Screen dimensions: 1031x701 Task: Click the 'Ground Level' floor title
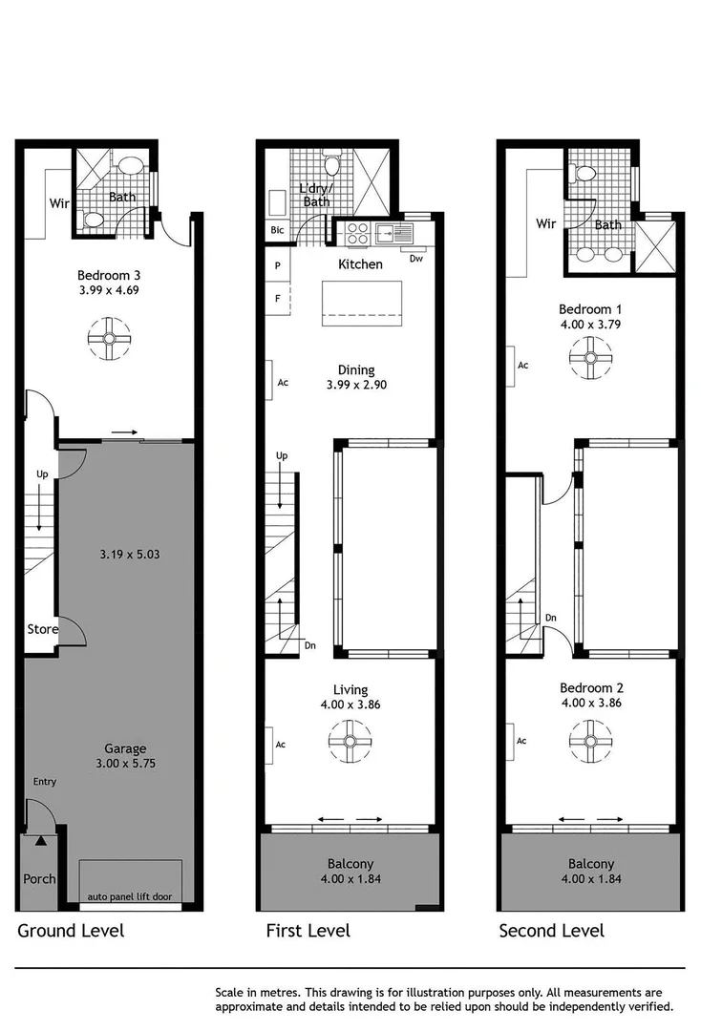coord(71,930)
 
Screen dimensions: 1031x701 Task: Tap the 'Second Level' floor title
coord(551,930)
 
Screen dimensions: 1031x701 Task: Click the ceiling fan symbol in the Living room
coord(350,740)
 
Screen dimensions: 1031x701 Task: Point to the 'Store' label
coord(42,629)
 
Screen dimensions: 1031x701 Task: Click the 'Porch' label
coord(39,878)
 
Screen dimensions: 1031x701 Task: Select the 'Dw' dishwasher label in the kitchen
coord(415,259)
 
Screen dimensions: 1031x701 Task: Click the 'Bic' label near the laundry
coord(277,231)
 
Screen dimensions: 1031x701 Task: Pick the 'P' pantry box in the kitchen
coord(278,266)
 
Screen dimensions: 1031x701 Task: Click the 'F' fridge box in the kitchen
coord(278,298)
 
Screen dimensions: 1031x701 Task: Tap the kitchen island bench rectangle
coord(362,302)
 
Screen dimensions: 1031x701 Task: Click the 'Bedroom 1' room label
coord(590,309)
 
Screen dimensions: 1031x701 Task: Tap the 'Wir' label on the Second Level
coord(545,224)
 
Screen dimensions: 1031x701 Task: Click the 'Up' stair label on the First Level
coord(282,456)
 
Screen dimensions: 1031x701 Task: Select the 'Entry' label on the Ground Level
coord(45,782)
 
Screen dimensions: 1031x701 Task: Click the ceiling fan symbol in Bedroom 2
coord(589,740)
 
